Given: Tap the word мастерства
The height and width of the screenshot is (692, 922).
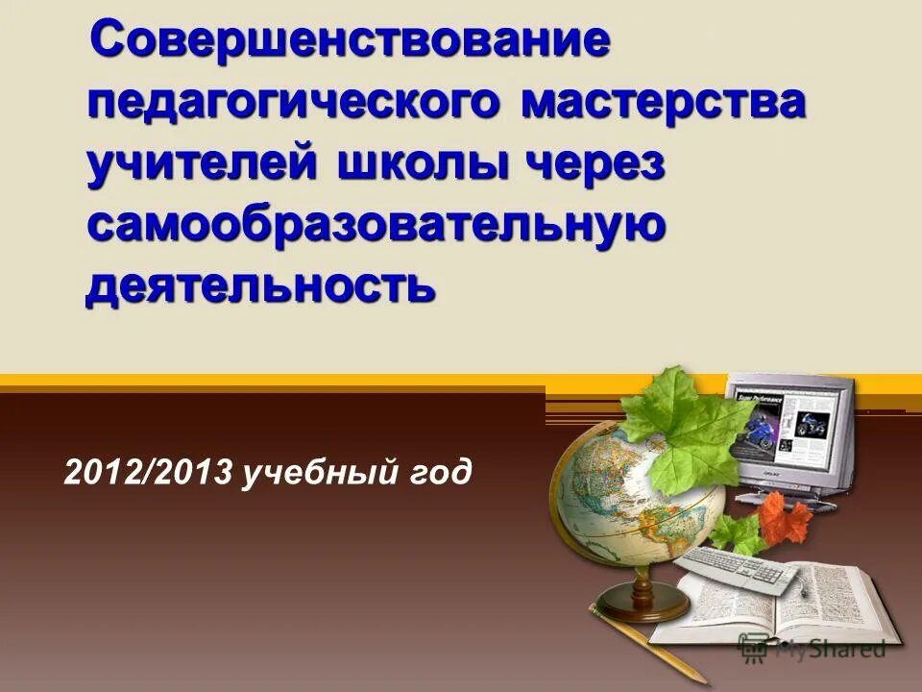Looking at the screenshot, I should [x=663, y=102].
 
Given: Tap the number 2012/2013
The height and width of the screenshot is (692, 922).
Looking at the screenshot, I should [x=148, y=474].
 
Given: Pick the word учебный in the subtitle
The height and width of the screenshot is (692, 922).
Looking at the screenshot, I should [x=318, y=474].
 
